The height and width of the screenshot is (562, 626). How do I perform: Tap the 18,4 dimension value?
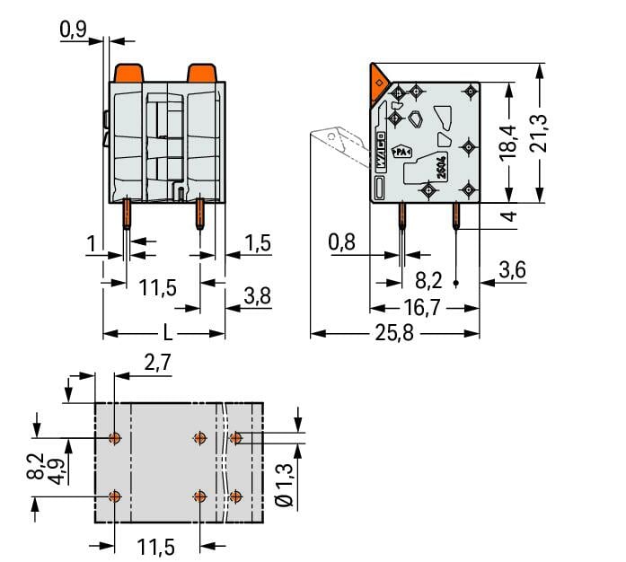coord(509,142)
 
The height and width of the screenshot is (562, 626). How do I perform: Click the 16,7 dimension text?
coord(423,308)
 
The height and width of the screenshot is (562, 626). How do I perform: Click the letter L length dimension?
coord(166,334)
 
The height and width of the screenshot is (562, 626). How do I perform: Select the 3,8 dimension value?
coord(257,296)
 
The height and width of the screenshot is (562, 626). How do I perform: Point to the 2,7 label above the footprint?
coord(156,363)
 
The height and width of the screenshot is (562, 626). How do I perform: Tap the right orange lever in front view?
coord(199,72)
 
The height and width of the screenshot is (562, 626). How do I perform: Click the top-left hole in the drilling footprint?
coord(114,438)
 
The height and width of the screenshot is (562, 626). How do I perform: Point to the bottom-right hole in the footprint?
coord(236,496)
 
